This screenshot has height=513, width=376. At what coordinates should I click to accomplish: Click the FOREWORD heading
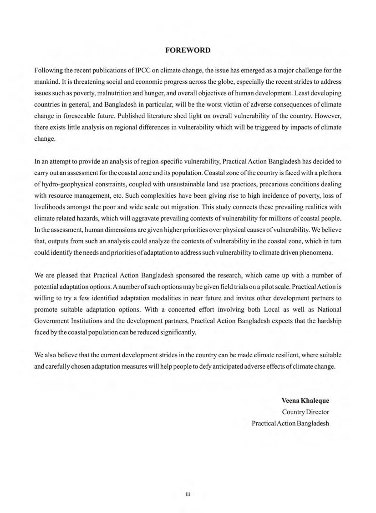(188, 50)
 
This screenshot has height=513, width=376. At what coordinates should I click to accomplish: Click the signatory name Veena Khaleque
(305, 400)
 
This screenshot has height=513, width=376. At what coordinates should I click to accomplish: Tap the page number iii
(188, 494)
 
